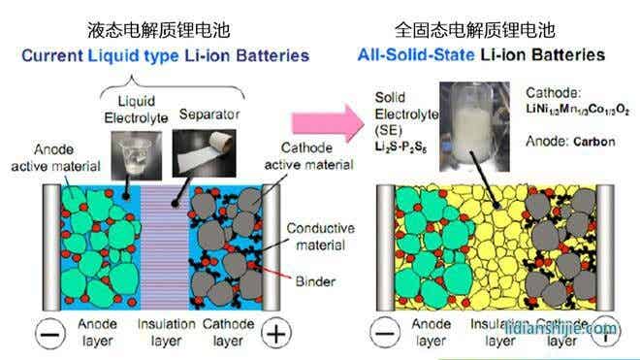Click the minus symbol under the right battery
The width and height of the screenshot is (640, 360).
(386, 333)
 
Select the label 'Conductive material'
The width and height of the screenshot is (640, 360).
(320, 236)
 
